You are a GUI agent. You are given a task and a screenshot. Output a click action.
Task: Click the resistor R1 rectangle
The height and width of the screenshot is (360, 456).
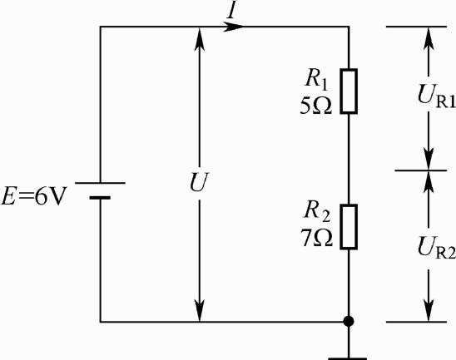click(349, 91)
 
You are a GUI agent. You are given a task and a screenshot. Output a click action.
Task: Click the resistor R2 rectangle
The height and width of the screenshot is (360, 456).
click(349, 227)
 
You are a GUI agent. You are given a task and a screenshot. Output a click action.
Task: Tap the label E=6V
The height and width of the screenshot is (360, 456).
click(34, 195)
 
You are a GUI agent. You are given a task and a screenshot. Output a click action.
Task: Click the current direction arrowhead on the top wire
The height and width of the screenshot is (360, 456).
click(234, 27)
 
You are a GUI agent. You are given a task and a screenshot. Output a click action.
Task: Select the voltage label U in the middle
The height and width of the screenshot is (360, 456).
click(199, 182)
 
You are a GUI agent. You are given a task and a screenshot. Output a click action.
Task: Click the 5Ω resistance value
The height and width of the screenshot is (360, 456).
click(316, 106)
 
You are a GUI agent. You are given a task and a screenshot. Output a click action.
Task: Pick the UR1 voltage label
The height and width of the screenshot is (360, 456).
click(436, 96)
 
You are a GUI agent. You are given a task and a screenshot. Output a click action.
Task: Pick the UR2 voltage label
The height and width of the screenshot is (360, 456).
click(436, 248)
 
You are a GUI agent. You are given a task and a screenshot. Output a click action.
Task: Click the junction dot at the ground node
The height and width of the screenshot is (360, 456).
click(349, 322)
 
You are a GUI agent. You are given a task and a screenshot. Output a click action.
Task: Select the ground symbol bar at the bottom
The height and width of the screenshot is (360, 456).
click(348, 358)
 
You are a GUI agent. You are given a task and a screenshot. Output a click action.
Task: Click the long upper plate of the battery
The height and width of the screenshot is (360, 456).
click(101, 183)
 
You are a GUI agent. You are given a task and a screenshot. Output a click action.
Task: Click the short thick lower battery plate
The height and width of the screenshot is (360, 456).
click(100, 198)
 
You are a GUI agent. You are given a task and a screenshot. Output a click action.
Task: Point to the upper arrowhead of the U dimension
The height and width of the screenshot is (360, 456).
click(199, 37)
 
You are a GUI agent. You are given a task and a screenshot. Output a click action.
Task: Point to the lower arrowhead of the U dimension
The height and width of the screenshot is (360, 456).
click(199, 310)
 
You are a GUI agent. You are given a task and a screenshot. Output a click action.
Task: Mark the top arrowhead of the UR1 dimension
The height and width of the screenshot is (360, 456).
click(429, 37)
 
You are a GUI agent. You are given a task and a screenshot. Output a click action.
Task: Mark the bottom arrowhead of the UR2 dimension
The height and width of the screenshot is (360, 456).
click(429, 310)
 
